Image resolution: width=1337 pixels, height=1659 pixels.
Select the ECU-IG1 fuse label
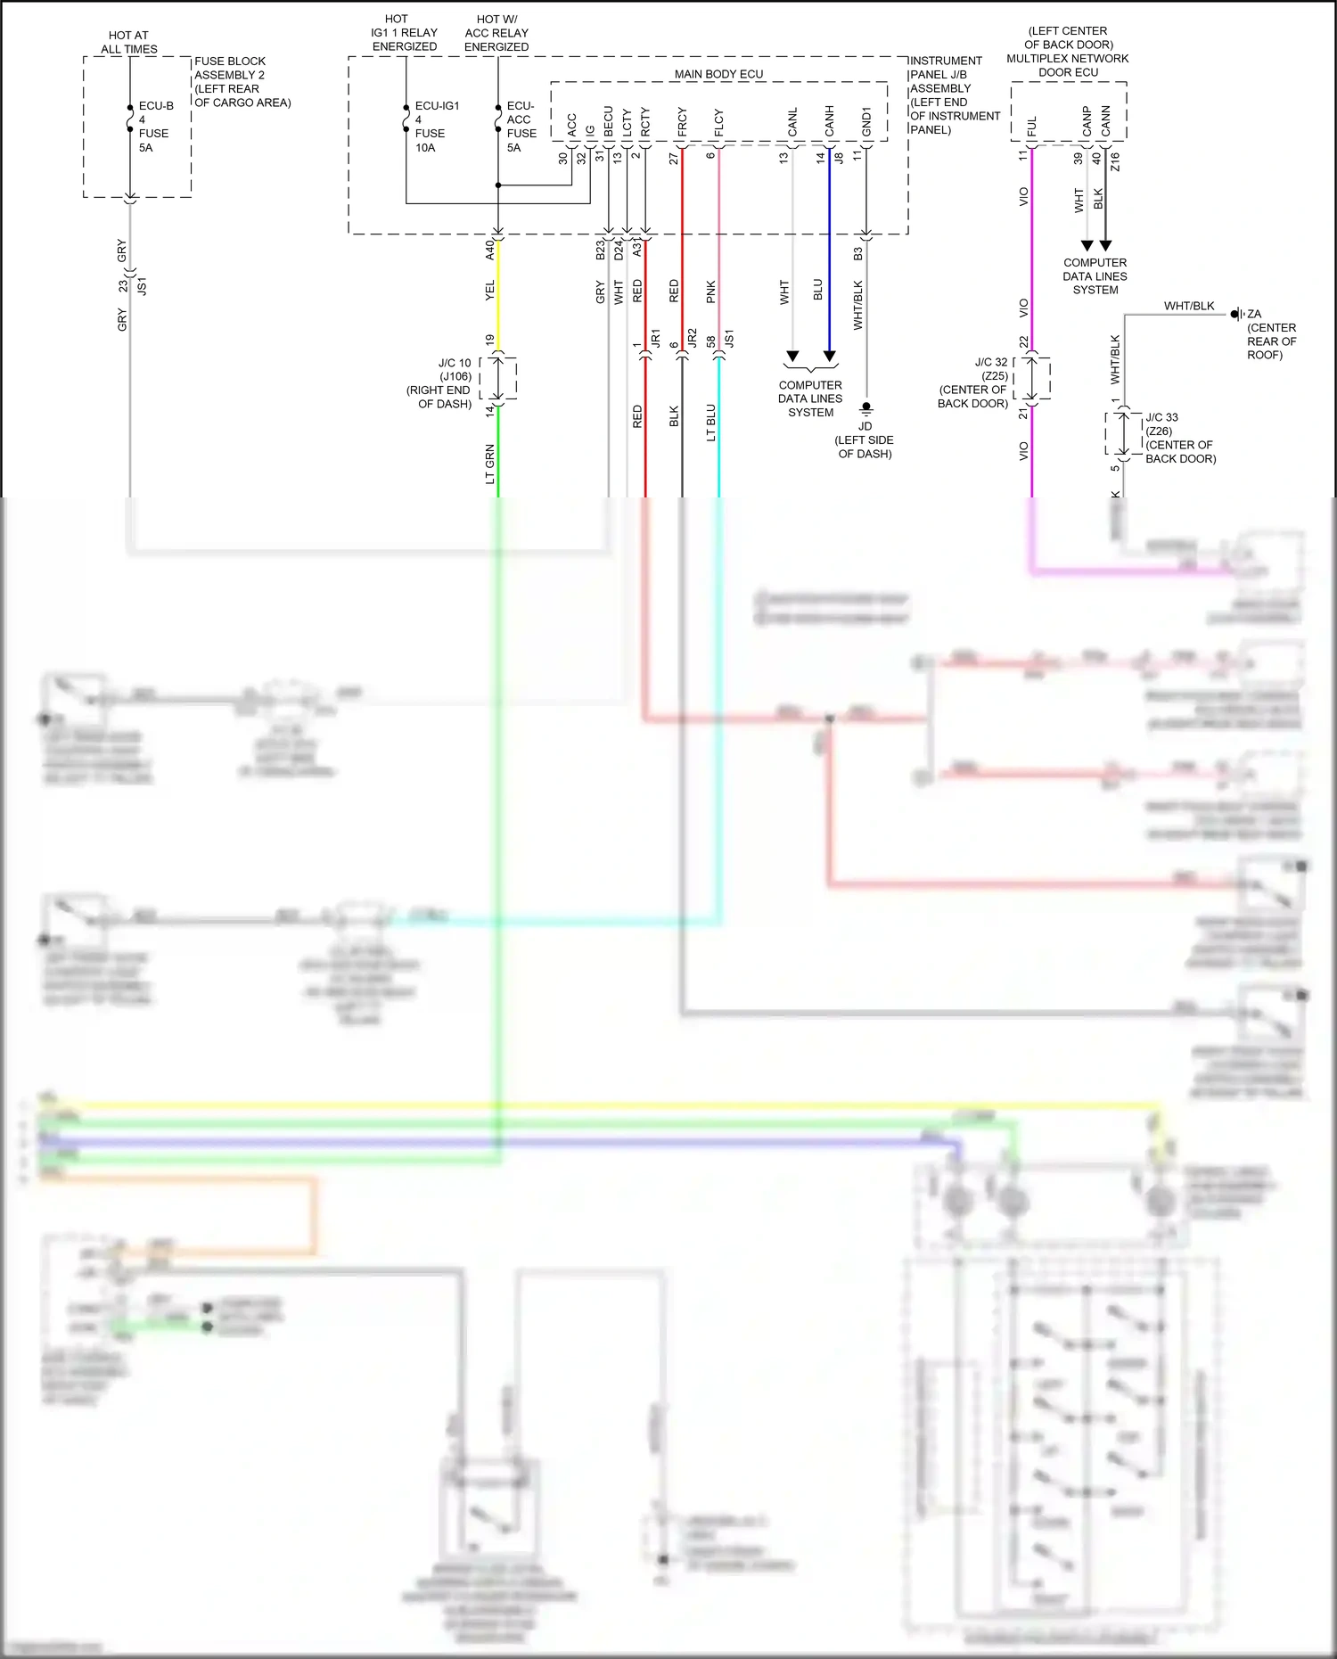pos(436,126)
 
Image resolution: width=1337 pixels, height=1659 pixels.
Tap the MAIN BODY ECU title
pos(718,74)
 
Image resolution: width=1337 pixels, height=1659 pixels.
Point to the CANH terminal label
pos(829,122)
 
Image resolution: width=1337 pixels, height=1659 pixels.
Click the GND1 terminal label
pos(865,123)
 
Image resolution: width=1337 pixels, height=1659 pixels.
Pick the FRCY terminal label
pos(682,123)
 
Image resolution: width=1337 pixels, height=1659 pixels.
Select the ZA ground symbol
pos(1237,314)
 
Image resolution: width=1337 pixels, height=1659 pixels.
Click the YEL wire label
pos(489,291)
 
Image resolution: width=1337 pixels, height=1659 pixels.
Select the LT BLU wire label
pos(710,423)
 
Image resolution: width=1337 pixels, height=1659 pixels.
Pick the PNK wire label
pos(710,292)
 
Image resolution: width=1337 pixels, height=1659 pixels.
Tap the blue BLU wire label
pos(818,290)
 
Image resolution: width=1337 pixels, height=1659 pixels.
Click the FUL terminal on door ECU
pos(1031,127)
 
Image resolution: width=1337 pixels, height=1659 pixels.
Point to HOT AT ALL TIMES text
pos(128,42)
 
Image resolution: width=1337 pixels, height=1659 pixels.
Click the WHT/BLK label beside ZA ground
pos(1188,306)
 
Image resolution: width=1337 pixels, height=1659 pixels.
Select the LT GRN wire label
pos(489,464)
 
